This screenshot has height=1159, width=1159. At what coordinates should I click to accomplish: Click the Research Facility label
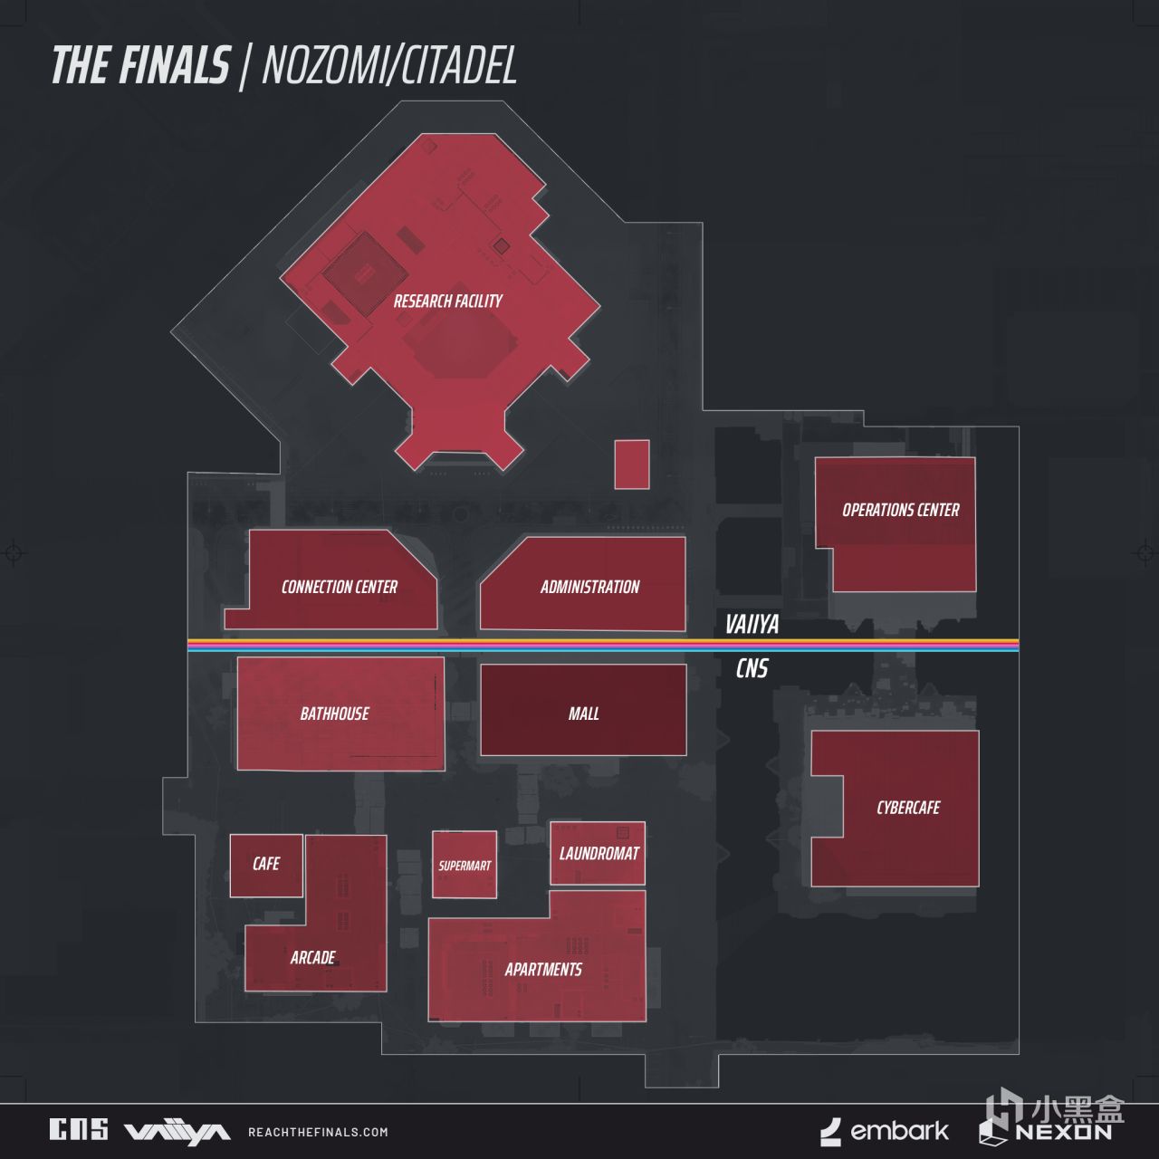(x=447, y=301)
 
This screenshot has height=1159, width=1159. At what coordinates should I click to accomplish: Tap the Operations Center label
(x=900, y=510)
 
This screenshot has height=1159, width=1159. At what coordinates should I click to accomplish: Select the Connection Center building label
(x=340, y=587)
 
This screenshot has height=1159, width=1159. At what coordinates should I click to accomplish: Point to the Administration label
(x=589, y=587)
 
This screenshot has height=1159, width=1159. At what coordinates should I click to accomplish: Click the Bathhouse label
(x=334, y=714)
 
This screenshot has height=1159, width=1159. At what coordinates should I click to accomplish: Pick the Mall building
(x=583, y=710)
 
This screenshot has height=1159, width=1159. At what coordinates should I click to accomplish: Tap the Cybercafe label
(x=908, y=808)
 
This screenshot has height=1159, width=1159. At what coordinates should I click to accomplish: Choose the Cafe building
(x=266, y=866)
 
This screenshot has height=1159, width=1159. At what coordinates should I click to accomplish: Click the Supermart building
(x=465, y=865)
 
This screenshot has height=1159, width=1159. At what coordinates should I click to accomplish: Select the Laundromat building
(x=598, y=853)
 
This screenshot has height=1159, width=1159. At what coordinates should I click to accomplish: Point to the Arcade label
(x=312, y=957)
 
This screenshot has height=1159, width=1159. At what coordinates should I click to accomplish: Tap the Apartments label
(x=543, y=970)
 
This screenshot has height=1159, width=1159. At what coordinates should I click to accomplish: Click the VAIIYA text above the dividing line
(x=752, y=625)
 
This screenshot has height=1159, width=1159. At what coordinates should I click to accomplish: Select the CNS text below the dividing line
(x=752, y=669)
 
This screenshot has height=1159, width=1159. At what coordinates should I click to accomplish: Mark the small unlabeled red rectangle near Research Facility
(x=631, y=465)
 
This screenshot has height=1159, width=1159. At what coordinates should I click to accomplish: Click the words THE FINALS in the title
(x=141, y=65)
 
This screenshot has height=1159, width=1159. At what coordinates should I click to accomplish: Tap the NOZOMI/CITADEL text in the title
(x=389, y=65)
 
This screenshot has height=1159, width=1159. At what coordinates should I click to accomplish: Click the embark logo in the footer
(x=884, y=1132)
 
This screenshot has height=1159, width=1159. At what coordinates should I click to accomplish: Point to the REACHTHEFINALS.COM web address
(x=318, y=1133)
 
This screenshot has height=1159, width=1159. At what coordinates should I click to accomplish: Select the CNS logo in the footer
(x=79, y=1129)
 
